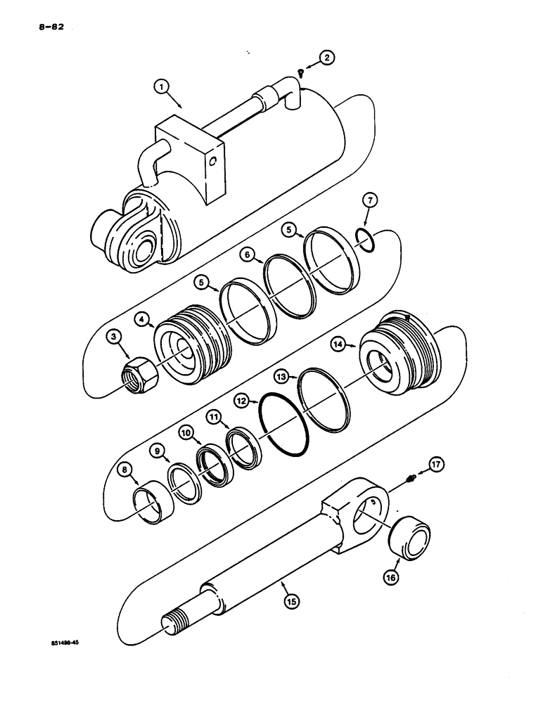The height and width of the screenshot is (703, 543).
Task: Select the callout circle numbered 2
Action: pyautogui.click(x=326, y=58)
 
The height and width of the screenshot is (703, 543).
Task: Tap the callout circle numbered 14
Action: pyautogui.click(x=338, y=344)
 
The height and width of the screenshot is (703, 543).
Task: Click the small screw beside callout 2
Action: pyautogui.click(x=301, y=70)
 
